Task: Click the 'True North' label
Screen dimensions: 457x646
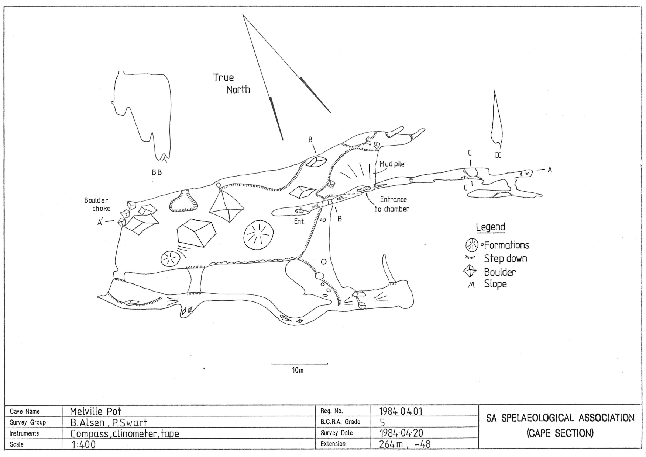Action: tap(231, 84)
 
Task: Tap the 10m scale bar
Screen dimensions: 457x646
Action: tap(299, 364)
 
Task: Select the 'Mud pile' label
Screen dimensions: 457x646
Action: tap(392, 164)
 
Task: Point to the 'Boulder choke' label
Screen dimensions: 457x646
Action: tap(97, 205)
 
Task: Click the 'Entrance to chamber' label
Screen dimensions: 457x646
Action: tap(392, 204)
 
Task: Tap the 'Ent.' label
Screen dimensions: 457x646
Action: tap(299, 221)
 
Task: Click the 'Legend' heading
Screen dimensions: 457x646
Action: tap(490, 227)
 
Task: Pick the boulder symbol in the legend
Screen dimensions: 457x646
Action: tap(471, 272)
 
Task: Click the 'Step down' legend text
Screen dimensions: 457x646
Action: tap(505, 258)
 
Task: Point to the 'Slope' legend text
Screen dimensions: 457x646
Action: tap(495, 284)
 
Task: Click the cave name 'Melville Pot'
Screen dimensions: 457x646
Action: tap(96, 411)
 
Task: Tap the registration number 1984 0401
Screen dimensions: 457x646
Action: tap(401, 411)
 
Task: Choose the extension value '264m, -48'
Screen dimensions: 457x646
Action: tap(405, 444)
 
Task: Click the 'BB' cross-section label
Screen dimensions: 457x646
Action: tap(157, 172)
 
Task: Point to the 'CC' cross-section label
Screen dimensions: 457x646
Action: tap(498, 156)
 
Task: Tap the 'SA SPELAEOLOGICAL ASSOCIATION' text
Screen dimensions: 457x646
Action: tap(560, 418)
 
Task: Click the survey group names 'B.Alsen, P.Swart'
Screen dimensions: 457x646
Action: tap(109, 422)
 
